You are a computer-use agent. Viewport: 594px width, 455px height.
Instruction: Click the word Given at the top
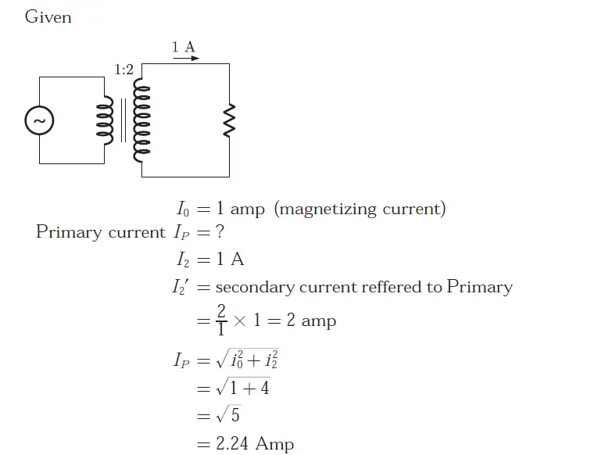click(x=48, y=16)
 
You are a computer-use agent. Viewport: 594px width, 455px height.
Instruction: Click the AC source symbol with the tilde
click(x=39, y=120)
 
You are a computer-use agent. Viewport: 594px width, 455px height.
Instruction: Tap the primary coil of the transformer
click(x=102, y=120)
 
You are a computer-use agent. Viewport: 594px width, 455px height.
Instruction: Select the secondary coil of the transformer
click(x=141, y=121)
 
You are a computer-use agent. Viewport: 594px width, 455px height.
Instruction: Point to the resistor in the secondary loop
click(x=229, y=120)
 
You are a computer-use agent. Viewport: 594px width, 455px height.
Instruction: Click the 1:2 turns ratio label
click(x=123, y=70)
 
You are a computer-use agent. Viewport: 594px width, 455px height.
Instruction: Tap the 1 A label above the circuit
click(x=184, y=47)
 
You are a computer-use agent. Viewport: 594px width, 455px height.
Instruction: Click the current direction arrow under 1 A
click(x=186, y=59)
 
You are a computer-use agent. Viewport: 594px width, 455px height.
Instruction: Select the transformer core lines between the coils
click(x=123, y=120)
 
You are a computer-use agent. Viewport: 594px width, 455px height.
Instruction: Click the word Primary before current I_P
click(x=69, y=232)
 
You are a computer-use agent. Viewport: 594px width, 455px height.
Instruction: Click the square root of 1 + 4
click(x=243, y=387)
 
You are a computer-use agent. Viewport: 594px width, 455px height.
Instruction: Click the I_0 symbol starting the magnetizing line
click(x=182, y=210)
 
